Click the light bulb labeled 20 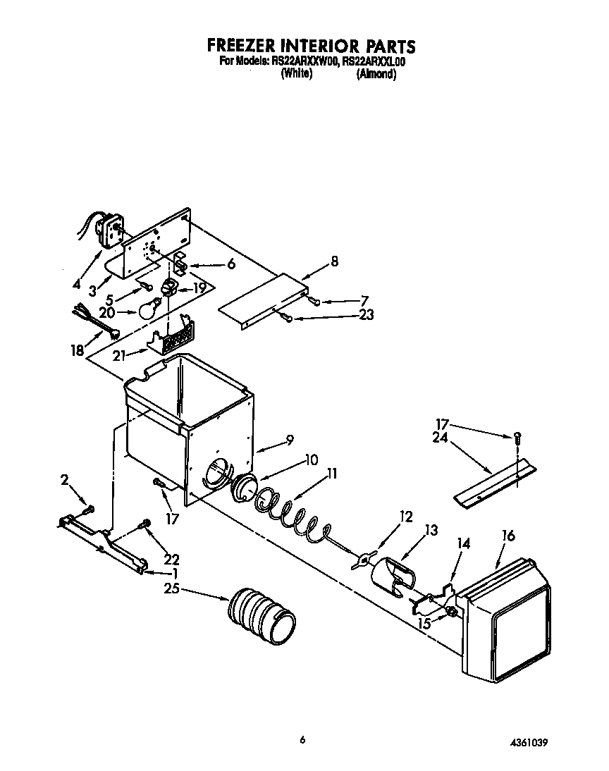tap(149, 309)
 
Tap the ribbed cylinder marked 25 tap(261, 615)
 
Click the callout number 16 tap(508, 536)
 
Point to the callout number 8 tap(333, 261)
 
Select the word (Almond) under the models tap(376, 74)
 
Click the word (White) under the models tap(296, 74)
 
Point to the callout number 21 tap(119, 355)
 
